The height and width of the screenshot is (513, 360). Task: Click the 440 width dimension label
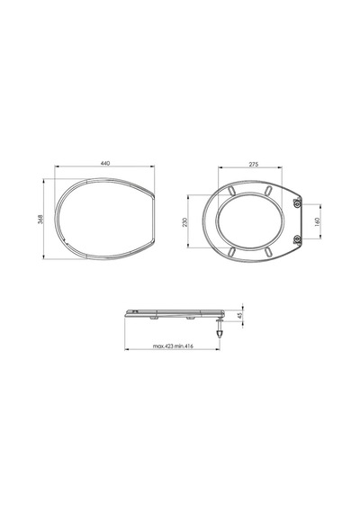click(x=105, y=163)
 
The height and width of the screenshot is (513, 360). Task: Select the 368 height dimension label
click(x=40, y=220)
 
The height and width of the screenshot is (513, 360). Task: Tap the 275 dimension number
click(x=254, y=164)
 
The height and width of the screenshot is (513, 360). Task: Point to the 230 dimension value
click(x=184, y=222)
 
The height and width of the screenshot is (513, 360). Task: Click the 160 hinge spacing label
click(x=317, y=221)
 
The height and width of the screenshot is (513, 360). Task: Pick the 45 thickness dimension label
click(x=239, y=316)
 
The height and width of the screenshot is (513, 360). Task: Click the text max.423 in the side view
click(x=163, y=346)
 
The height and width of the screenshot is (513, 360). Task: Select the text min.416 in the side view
click(x=184, y=346)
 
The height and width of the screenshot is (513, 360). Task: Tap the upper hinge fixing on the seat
click(x=297, y=204)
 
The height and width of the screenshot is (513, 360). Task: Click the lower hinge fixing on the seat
click(x=297, y=239)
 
